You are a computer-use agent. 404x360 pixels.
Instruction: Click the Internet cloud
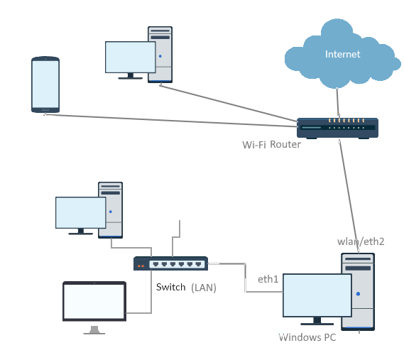(342, 53)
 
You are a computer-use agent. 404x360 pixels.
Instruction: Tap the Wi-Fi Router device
(337, 128)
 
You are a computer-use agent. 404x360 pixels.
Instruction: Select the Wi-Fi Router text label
(271, 145)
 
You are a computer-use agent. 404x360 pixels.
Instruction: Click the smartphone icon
(45, 84)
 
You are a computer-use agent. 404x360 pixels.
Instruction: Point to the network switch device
(170, 263)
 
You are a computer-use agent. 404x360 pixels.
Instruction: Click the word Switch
(170, 287)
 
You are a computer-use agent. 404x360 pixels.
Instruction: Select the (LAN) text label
(204, 288)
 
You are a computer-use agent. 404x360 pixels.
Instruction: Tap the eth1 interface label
(268, 279)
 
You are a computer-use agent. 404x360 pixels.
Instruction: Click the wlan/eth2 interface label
(361, 241)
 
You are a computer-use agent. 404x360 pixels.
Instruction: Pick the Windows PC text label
(307, 337)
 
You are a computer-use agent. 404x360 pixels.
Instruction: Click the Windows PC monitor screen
(317, 295)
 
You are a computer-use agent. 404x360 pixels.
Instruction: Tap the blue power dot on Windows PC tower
(358, 294)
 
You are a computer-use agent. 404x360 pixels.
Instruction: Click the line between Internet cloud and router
(338, 103)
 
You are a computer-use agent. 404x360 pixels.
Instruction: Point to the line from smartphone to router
(171, 121)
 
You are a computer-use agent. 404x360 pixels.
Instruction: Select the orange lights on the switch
(141, 266)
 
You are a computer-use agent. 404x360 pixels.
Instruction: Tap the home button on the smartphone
(45, 110)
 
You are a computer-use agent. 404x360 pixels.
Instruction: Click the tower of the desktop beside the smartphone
(160, 55)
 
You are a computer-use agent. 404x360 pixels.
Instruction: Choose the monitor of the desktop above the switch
(81, 212)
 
